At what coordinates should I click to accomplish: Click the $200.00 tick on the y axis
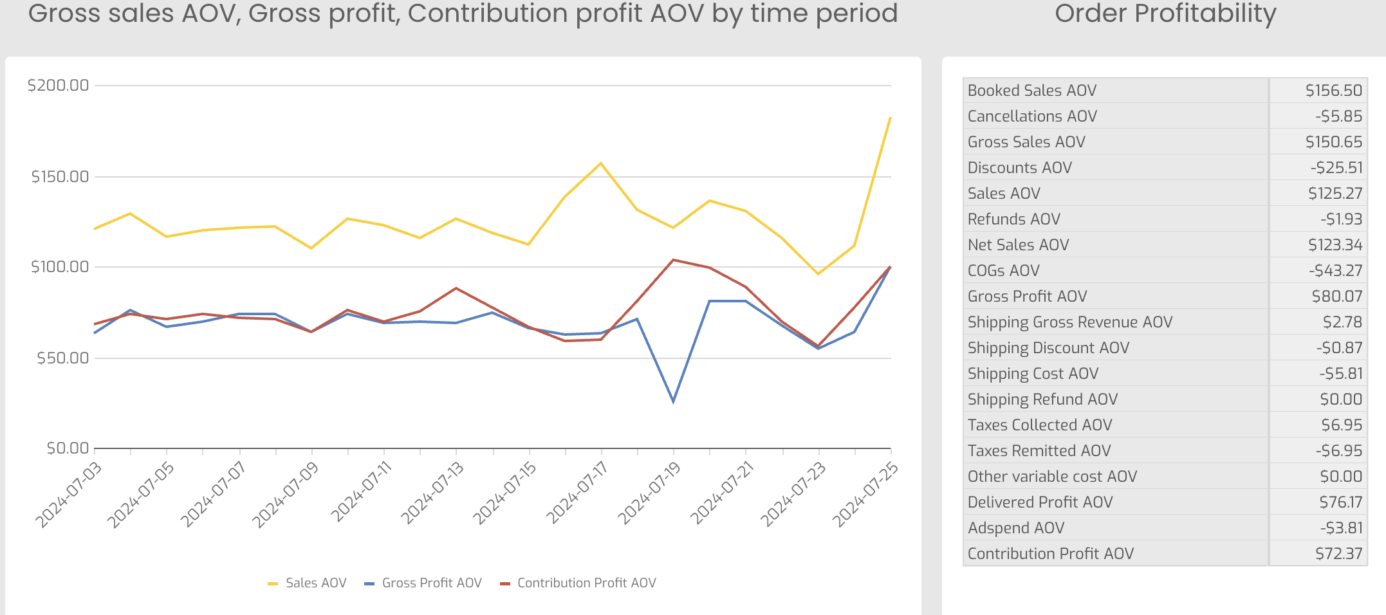pyautogui.click(x=58, y=85)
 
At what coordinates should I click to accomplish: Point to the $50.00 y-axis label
pyautogui.click(x=62, y=358)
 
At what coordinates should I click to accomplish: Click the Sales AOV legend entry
pyautogui.click(x=307, y=583)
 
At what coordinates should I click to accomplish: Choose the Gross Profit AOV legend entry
pyautogui.click(x=423, y=583)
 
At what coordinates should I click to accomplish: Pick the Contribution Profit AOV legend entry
pyautogui.click(x=578, y=583)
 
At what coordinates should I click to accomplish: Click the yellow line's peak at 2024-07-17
pyautogui.click(x=601, y=163)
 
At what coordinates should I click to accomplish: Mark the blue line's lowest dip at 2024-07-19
pyautogui.click(x=673, y=401)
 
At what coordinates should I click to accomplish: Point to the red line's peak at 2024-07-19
pyautogui.click(x=673, y=260)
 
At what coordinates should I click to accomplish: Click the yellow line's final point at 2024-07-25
pyautogui.click(x=890, y=118)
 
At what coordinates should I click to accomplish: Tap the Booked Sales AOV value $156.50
pyautogui.click(x=1333, y=91)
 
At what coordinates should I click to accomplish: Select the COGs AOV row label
pyautogui.click(x=1003, y=271)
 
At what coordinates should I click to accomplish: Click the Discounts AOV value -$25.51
pyautogui.click(x=1336, y=168)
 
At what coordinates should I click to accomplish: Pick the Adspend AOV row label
pyautogui.click(x=1016, y=528)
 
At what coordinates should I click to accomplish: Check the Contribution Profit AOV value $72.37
pyautogui.click(x=1338, y=554)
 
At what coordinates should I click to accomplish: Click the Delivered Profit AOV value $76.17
pyautogui.click(x=1340, y=502)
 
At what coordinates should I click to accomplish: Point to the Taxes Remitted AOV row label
pyautogui.click(x=1039, y=451)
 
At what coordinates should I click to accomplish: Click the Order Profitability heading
pyautogui.click(x=1165, y=14)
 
